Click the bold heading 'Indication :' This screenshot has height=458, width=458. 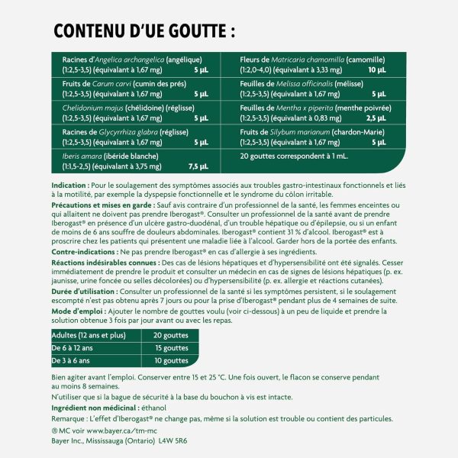click(69, 185)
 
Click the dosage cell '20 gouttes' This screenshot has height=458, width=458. click(169, 336)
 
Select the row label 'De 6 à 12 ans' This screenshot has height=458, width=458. click(74, 348)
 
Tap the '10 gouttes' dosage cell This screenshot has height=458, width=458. click(169, 360)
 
